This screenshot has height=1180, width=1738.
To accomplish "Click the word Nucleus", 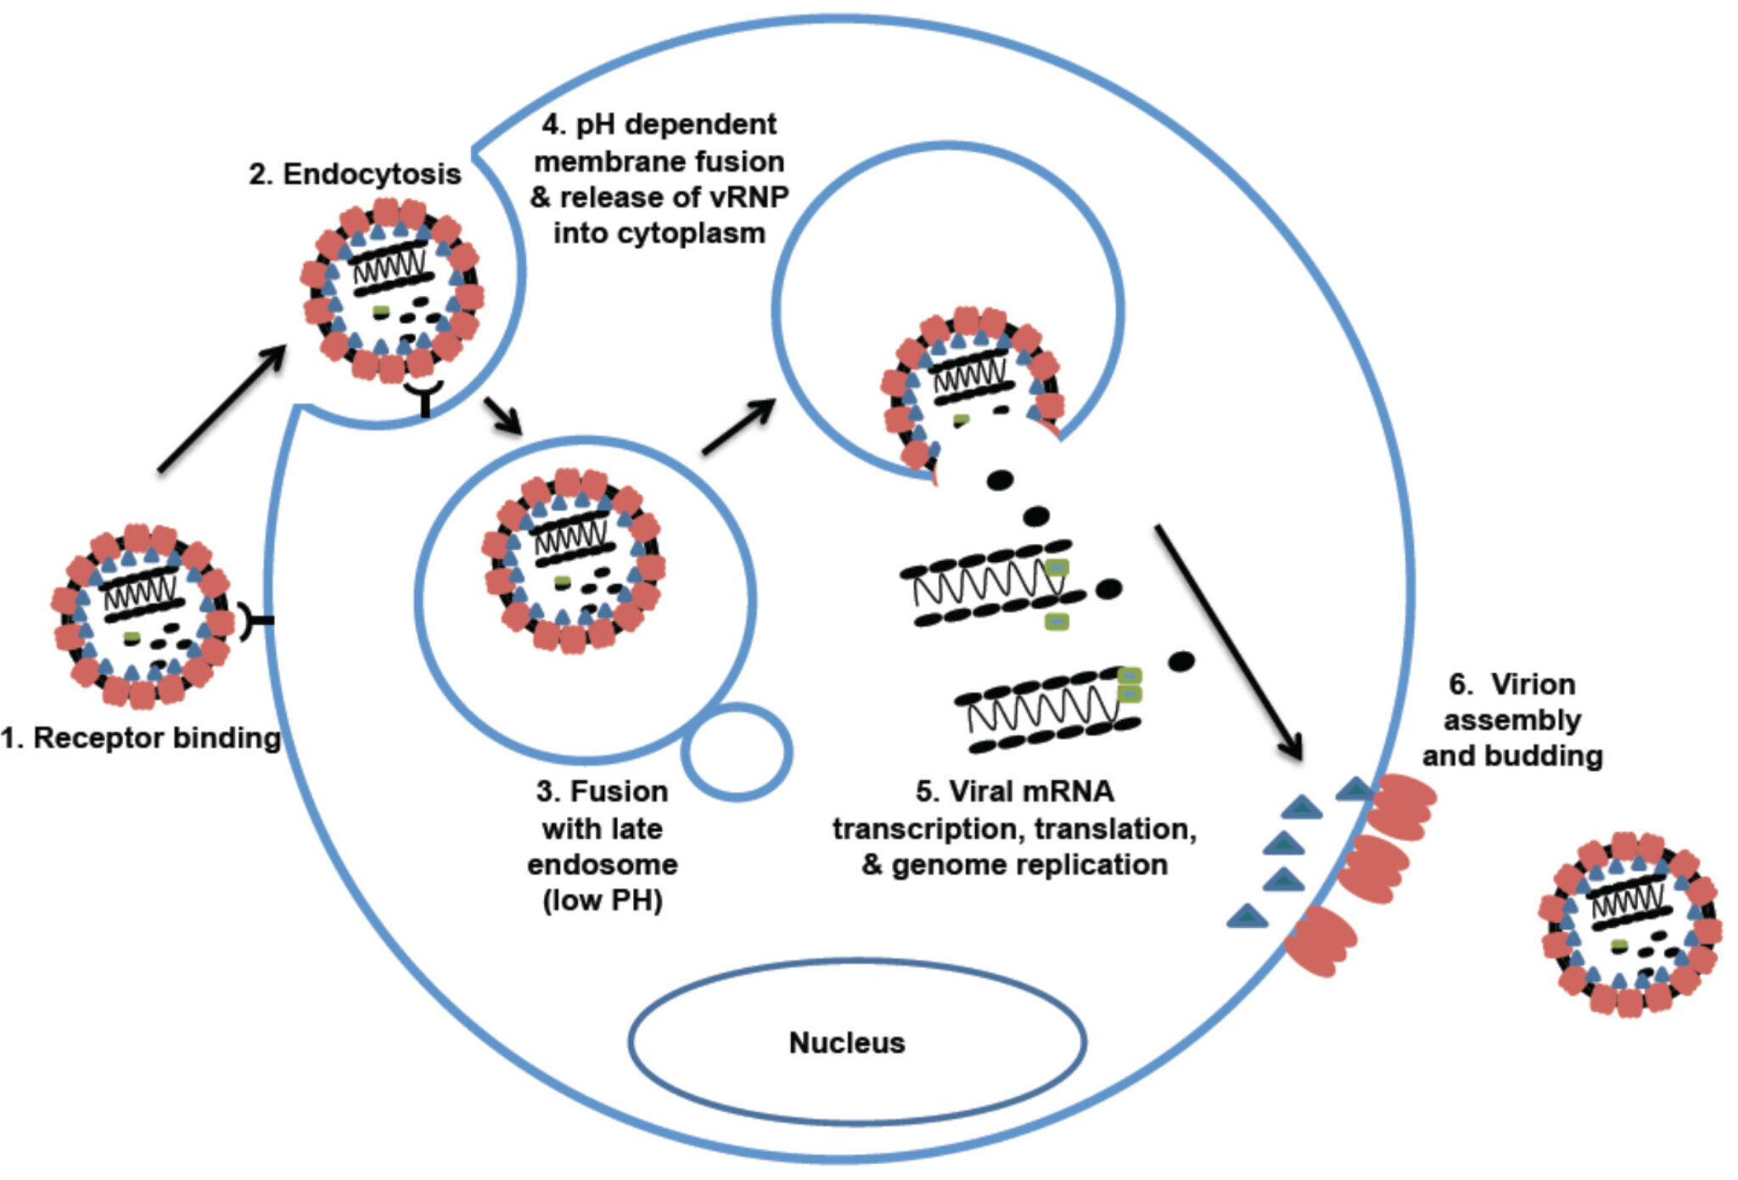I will (847, 1042).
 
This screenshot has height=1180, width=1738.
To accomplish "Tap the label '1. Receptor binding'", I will (141, 738).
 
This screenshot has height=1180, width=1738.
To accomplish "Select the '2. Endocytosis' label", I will (355, 174).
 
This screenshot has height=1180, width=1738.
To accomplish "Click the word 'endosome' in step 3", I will (602, 864).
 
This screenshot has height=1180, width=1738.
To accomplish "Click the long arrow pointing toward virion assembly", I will (1228, 642).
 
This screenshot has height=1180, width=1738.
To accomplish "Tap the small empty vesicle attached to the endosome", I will (737, 752).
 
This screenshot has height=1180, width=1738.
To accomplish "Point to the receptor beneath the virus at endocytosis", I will (424, 396).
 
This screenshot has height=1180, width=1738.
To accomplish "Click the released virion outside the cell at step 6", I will (1629, 924).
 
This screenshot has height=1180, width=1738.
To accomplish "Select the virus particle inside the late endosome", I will (574, 560).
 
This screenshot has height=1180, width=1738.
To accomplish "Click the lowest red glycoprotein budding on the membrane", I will (1320, 941).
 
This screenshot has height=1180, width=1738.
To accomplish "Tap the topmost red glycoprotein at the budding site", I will (1401, 806).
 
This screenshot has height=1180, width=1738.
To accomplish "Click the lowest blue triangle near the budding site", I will (1247, 916).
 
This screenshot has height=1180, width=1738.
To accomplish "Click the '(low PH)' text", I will (602, 901).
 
